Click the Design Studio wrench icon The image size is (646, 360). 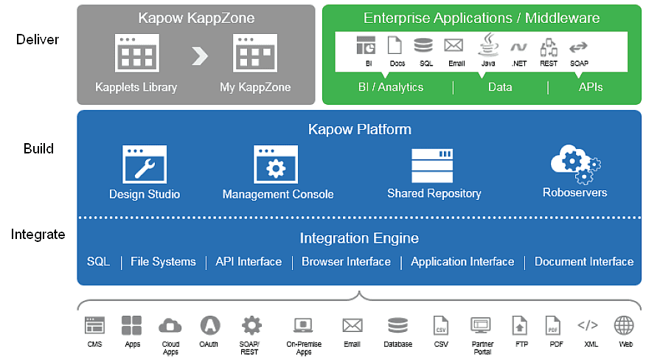click(145, 164)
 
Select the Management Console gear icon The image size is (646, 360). click(276, 165)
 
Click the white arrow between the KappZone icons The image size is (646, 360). click(199, 55)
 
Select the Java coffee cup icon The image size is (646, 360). click(487, 46)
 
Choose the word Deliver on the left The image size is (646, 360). click(38, 39)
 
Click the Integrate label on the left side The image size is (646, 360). click(38, 235)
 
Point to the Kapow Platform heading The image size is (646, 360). click(359, 130)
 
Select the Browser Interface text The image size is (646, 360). click(346, 262)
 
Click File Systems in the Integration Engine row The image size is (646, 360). click(163, 262)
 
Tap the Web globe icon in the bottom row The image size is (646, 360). click(625, 325)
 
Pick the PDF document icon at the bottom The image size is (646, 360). click(553, 325)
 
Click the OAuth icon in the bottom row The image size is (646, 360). click(209, 325)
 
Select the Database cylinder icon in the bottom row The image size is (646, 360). click(397, 325)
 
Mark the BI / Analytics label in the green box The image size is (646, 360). click(391, 87)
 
